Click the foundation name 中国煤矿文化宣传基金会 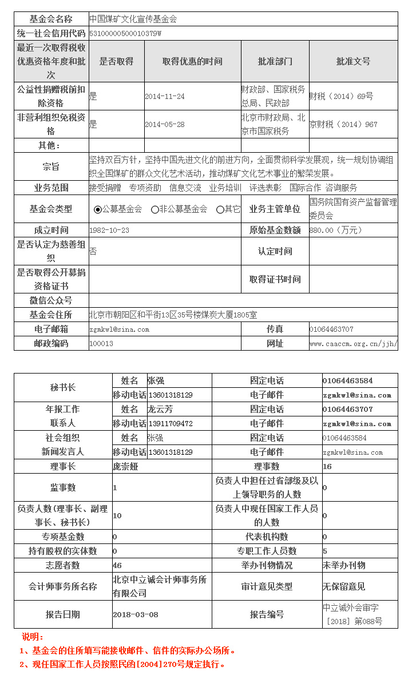click(x=133, y=19)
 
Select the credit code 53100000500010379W click(x=125, y=33)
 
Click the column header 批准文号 click(x=353, y=61)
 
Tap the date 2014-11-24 click(x=165, y=97)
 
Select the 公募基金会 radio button click(x=98, y=210)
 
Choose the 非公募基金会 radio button click(x=155, y=210)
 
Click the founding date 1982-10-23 click(x=109, y=231)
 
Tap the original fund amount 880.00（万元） click(x=335, y=231)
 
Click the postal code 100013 click(x=101, y=344)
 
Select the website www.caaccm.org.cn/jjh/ click(x=353, y=344)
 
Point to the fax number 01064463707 click(x=331, y=329)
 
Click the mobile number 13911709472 click(x=171, y=424)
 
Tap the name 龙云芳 click(x=160, y=410)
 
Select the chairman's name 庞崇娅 click(x=126, y=467)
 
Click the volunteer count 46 click(x=117, y=566)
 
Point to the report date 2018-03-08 click(x=136, y=615)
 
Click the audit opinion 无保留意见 click(x=344, y=587)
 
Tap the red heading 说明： click(x=33, y=637)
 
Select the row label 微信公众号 click(x=51, y=301)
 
